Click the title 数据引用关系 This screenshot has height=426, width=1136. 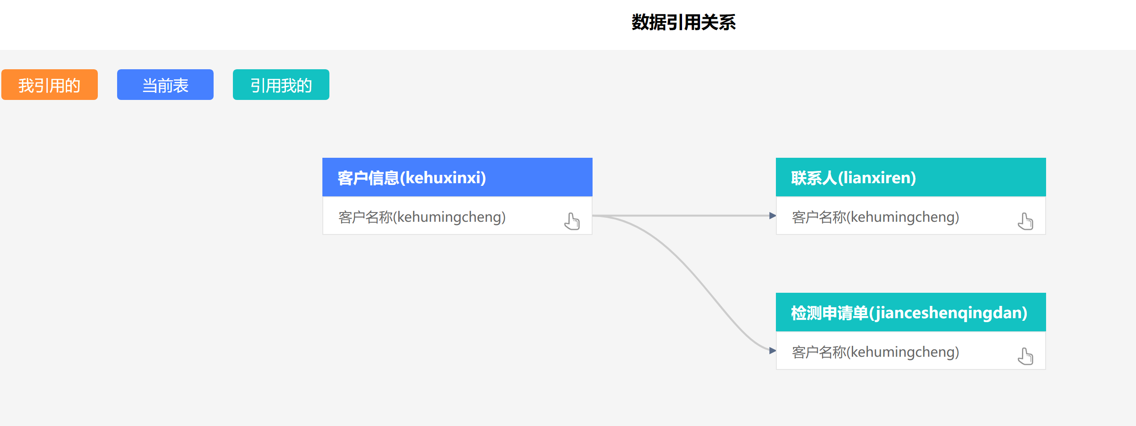coord(683,22)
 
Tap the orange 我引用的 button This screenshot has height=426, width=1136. coord(50,85)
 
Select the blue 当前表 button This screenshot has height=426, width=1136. coord(165,85)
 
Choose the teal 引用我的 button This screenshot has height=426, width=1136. coord(281,85)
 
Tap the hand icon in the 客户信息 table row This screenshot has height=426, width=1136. coord(572,221)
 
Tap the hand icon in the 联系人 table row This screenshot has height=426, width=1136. coord(1025,221)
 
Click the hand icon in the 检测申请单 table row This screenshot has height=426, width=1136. coord(1025,356)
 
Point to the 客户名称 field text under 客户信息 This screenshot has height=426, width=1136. coord(422,217)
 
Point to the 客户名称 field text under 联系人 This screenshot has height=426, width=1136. coord(875,217)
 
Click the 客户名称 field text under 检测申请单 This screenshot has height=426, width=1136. coord(875,352)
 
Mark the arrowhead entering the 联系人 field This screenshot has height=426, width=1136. coord(772,216)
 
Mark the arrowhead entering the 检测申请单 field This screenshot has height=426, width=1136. coord(772,351)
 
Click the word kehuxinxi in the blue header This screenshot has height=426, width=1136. coord(445,177)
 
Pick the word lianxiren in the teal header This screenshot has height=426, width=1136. coord(877,177)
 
